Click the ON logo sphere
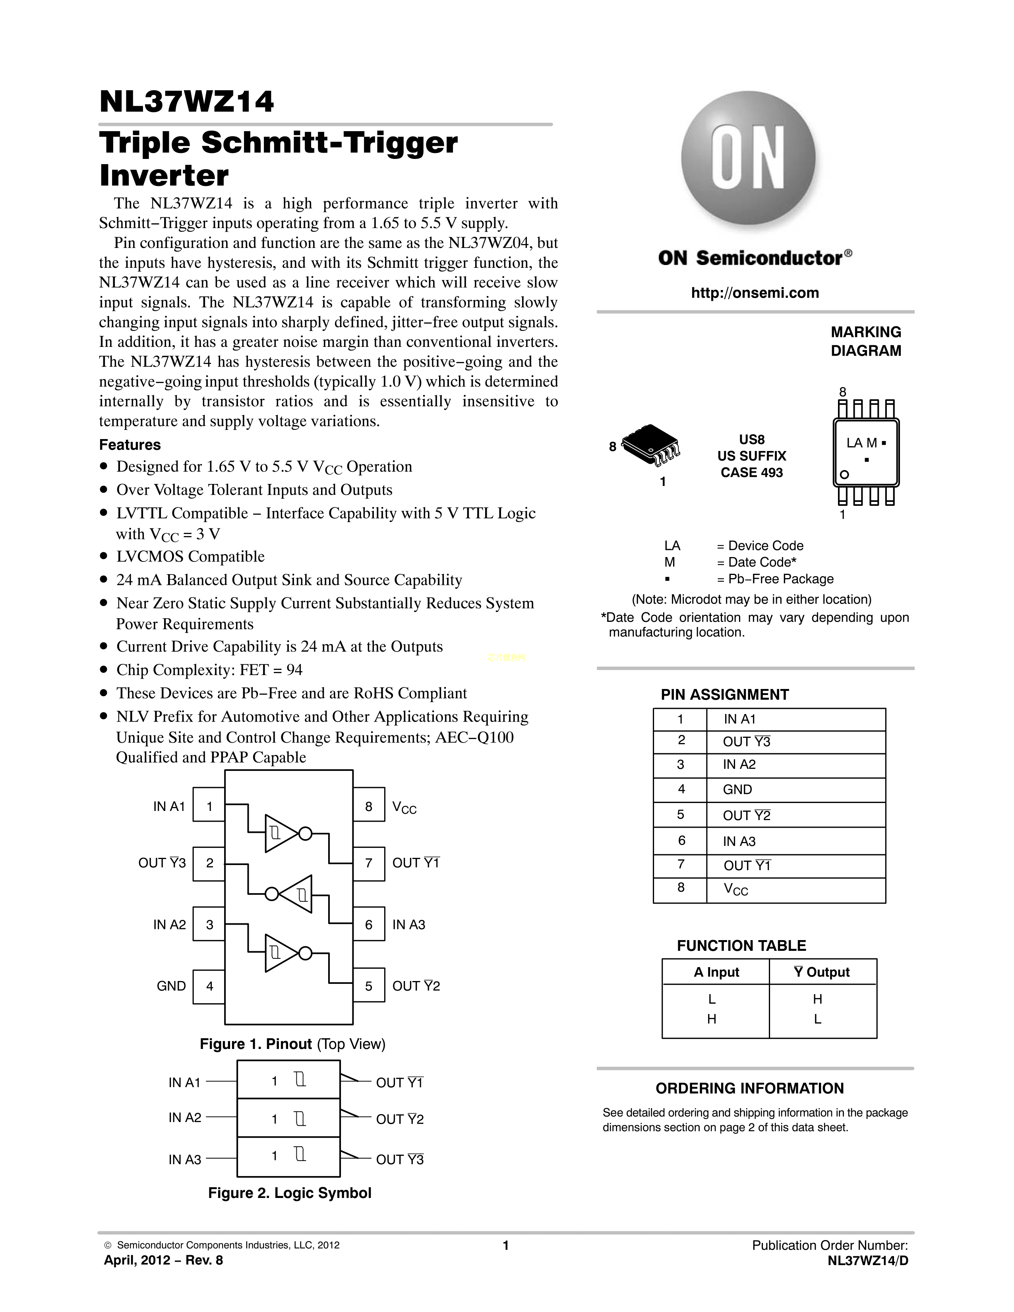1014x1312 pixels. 749,159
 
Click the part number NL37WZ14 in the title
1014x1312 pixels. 187,102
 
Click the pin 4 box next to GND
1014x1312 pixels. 209,987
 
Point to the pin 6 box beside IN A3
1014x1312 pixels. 369,925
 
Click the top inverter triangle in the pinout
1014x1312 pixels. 281,833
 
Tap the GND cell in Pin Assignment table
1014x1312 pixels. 738,790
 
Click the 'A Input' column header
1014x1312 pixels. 716,972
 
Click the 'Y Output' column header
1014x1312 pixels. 822,972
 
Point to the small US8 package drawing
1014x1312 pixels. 652,445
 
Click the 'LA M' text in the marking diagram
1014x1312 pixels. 862,443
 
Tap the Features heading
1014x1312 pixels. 130,445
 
